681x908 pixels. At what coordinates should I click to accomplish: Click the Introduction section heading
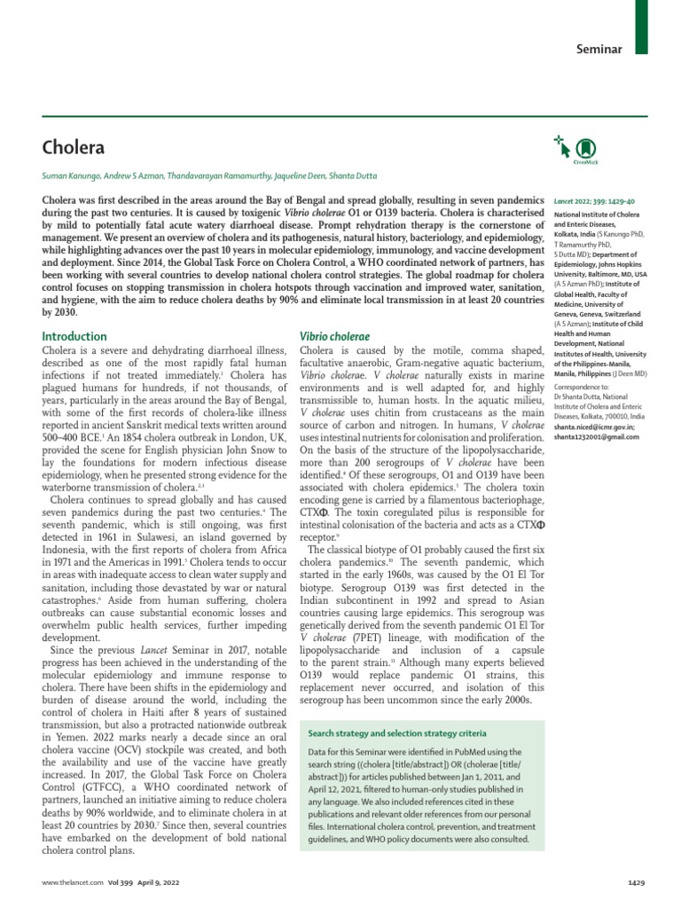(74, 336)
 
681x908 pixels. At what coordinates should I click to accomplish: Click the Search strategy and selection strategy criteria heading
(396, 733)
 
